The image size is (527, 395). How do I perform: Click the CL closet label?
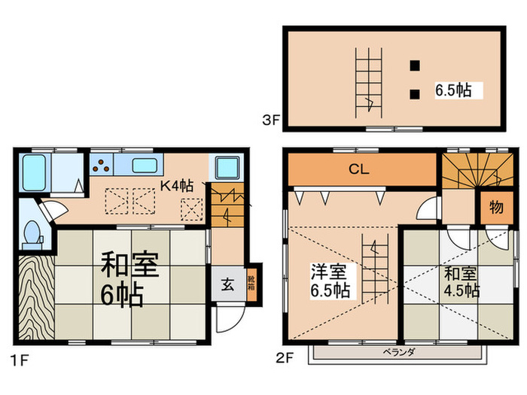pyautogui.click(x=358, y=170)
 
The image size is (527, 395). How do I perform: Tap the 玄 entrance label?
pyautogui.click(x=227, y=284)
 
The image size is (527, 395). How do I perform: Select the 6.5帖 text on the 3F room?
pyautogui.click(x=453, y=90)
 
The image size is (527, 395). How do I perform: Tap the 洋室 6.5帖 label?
pyautogui.click(x=330, y=280)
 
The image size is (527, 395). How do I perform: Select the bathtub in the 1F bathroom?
pyautogui.click(x=35, y=172)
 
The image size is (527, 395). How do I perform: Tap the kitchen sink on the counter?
pyautogui.click(x=147, y=166)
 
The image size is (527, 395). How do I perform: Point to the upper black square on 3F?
pyautogui.click(x=414, y=65)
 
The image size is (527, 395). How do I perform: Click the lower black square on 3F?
pyautogui.click(x=414, y=94)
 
